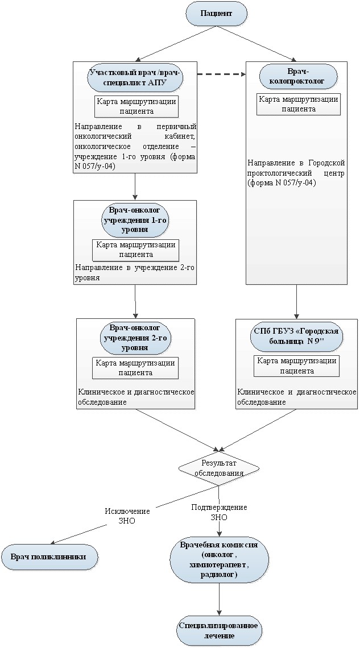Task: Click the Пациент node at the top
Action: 216,14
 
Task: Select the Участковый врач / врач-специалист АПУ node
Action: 135,78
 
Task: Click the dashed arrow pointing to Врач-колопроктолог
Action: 221,74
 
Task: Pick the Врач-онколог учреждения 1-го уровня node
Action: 135,219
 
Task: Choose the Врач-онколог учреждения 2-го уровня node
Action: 135,338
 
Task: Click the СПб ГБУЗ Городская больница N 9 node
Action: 296,338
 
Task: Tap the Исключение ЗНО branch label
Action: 127,516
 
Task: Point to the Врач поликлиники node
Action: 49,556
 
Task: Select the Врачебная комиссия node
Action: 218,559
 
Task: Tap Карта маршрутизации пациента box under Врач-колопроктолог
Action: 299,104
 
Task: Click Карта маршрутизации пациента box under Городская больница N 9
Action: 297,365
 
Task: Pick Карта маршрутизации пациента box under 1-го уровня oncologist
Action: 135,250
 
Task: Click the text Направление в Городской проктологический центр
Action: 297,173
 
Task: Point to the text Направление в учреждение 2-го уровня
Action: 135,272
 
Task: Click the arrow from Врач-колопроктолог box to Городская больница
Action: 296,302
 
